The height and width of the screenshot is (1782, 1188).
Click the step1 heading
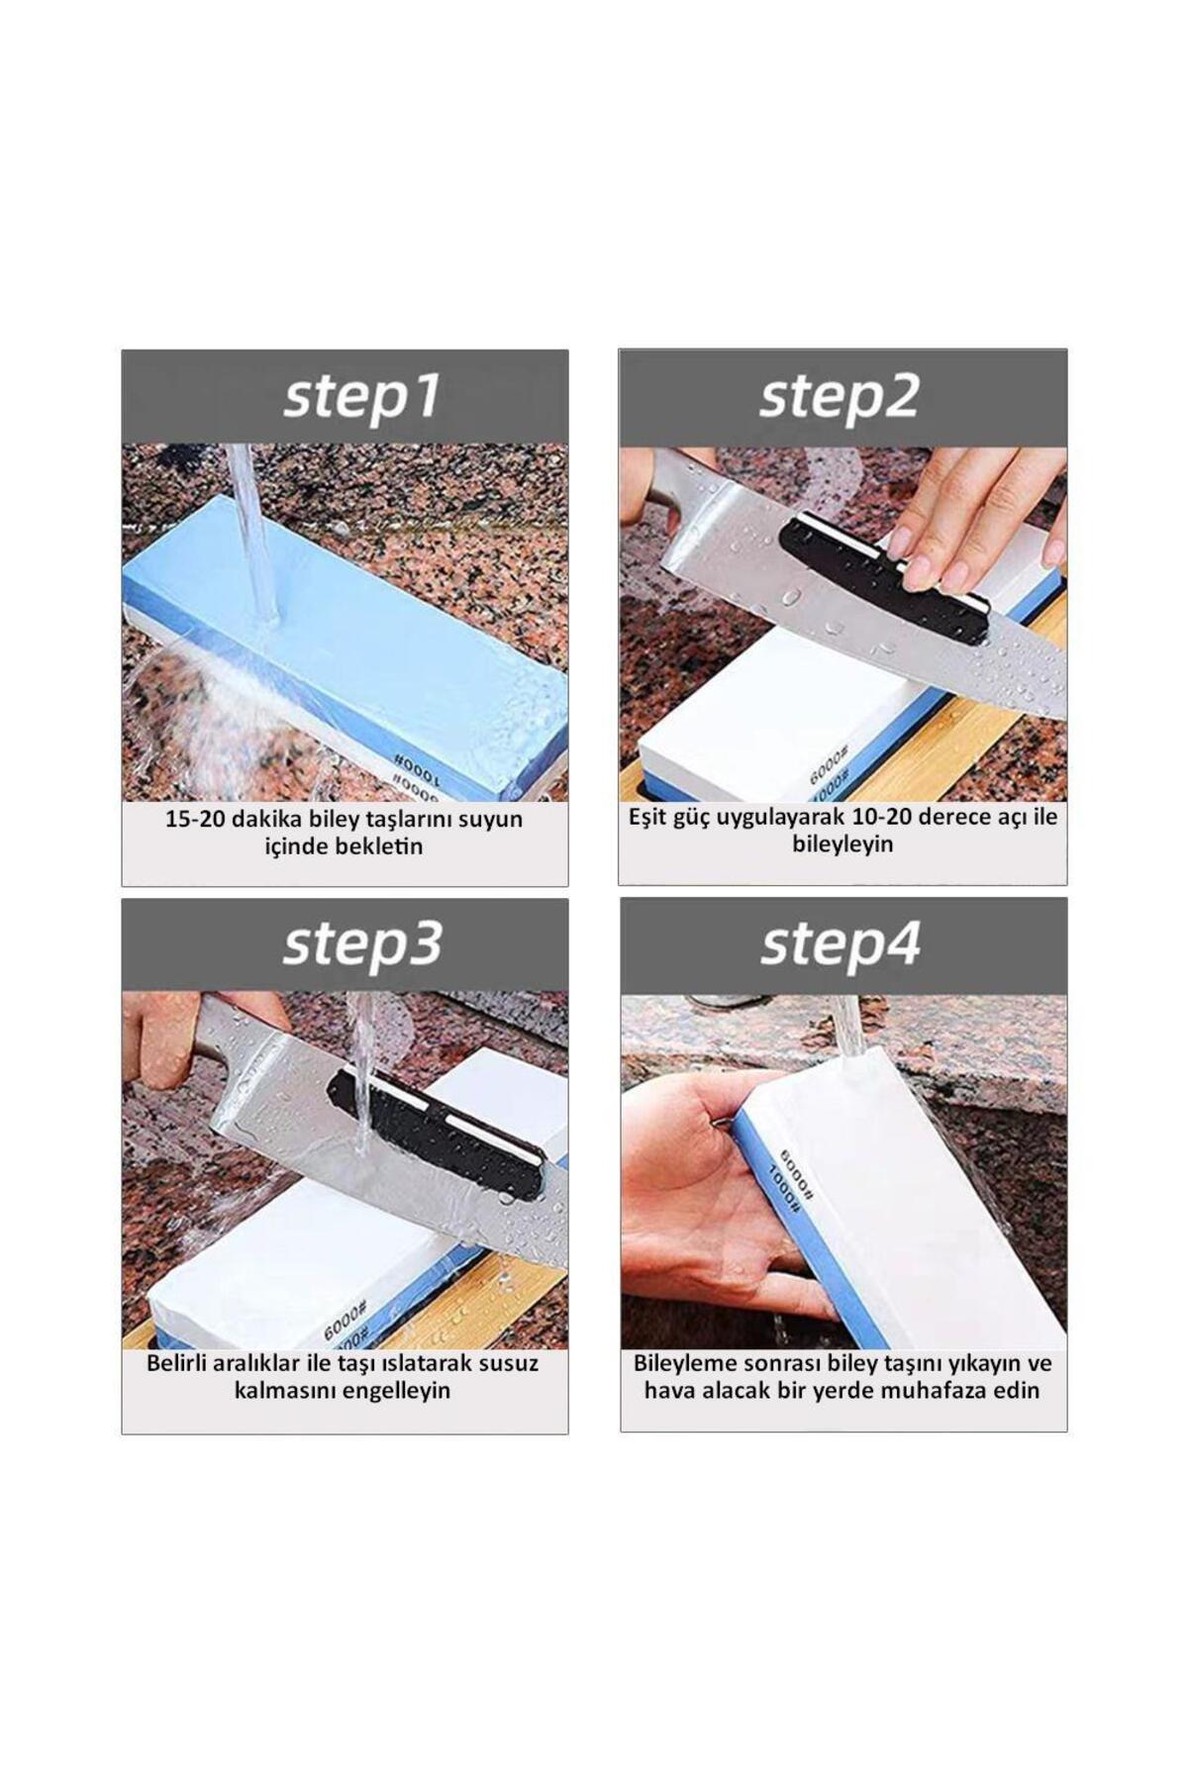pos(361,398)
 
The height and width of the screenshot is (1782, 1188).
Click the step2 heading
pos(840,398)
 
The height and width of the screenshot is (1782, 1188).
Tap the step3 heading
pos(361,944)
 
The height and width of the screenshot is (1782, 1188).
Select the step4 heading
pos(841,944)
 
